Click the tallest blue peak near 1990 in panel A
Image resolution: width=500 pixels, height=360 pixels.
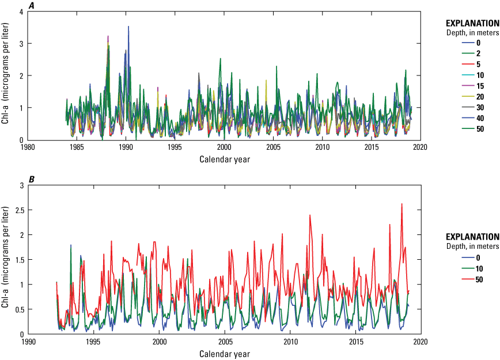tap(128, 26)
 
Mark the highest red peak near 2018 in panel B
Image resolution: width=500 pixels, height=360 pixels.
tap(401, 204)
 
